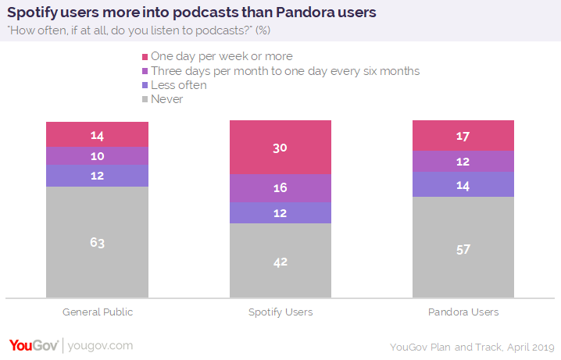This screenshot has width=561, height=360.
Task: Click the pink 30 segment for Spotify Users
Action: click(280, 148)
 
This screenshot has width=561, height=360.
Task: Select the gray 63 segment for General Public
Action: click(97, 242)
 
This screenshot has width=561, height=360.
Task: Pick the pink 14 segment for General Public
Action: click(97, 134)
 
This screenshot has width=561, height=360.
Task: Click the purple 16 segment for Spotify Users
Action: click(280, 188)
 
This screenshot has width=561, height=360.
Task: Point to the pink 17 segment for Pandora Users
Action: click(463, 136)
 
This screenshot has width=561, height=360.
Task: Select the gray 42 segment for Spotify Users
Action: click(280, 260)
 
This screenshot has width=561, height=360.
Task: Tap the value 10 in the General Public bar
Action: click(97, 156)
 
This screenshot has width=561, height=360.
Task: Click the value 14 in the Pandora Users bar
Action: click(463, 184)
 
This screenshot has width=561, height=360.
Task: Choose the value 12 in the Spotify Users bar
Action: click(280, 213)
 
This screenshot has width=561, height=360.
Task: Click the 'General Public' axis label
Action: click(97, 312)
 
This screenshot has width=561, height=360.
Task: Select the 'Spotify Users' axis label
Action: click(280, 312)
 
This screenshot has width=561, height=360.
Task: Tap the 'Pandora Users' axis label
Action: click(463, 312)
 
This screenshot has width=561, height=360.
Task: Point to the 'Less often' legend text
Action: click(179, 85)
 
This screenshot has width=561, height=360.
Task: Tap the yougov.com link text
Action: click(99, 345)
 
